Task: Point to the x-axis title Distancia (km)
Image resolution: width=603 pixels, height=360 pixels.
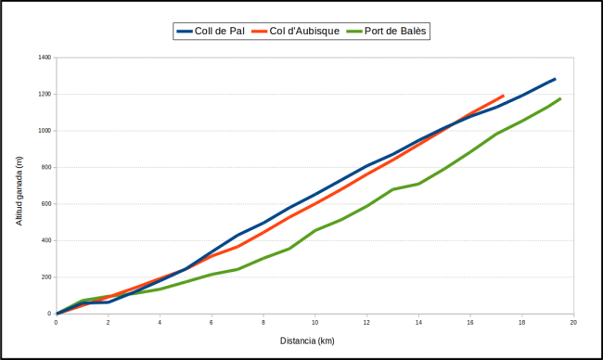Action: point(307,341)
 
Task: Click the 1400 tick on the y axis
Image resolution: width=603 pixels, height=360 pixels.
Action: point(44,58)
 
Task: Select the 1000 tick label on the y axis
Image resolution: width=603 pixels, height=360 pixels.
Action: point(44,131)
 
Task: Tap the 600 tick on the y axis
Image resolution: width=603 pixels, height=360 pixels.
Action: point(45,204)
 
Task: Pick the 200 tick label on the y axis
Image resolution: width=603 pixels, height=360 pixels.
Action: point(45,277)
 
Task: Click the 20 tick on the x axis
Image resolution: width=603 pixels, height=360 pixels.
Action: point(573,322)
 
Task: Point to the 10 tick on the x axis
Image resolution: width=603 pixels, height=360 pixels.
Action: point(314,322)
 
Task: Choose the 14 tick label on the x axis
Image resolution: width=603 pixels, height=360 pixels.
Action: point(418,322)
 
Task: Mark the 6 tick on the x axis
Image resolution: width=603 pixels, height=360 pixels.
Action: point(212,322)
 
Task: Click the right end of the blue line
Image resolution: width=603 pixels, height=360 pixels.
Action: point(555,79)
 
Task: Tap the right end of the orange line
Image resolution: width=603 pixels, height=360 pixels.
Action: point(503,96)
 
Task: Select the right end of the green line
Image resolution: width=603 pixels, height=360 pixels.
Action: point(560,98)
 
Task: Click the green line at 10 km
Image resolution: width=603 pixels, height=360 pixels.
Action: point(315,230)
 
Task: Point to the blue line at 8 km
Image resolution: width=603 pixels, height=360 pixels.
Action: point(263,223)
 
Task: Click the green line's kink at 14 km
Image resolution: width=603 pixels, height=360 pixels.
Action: point(418,184)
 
